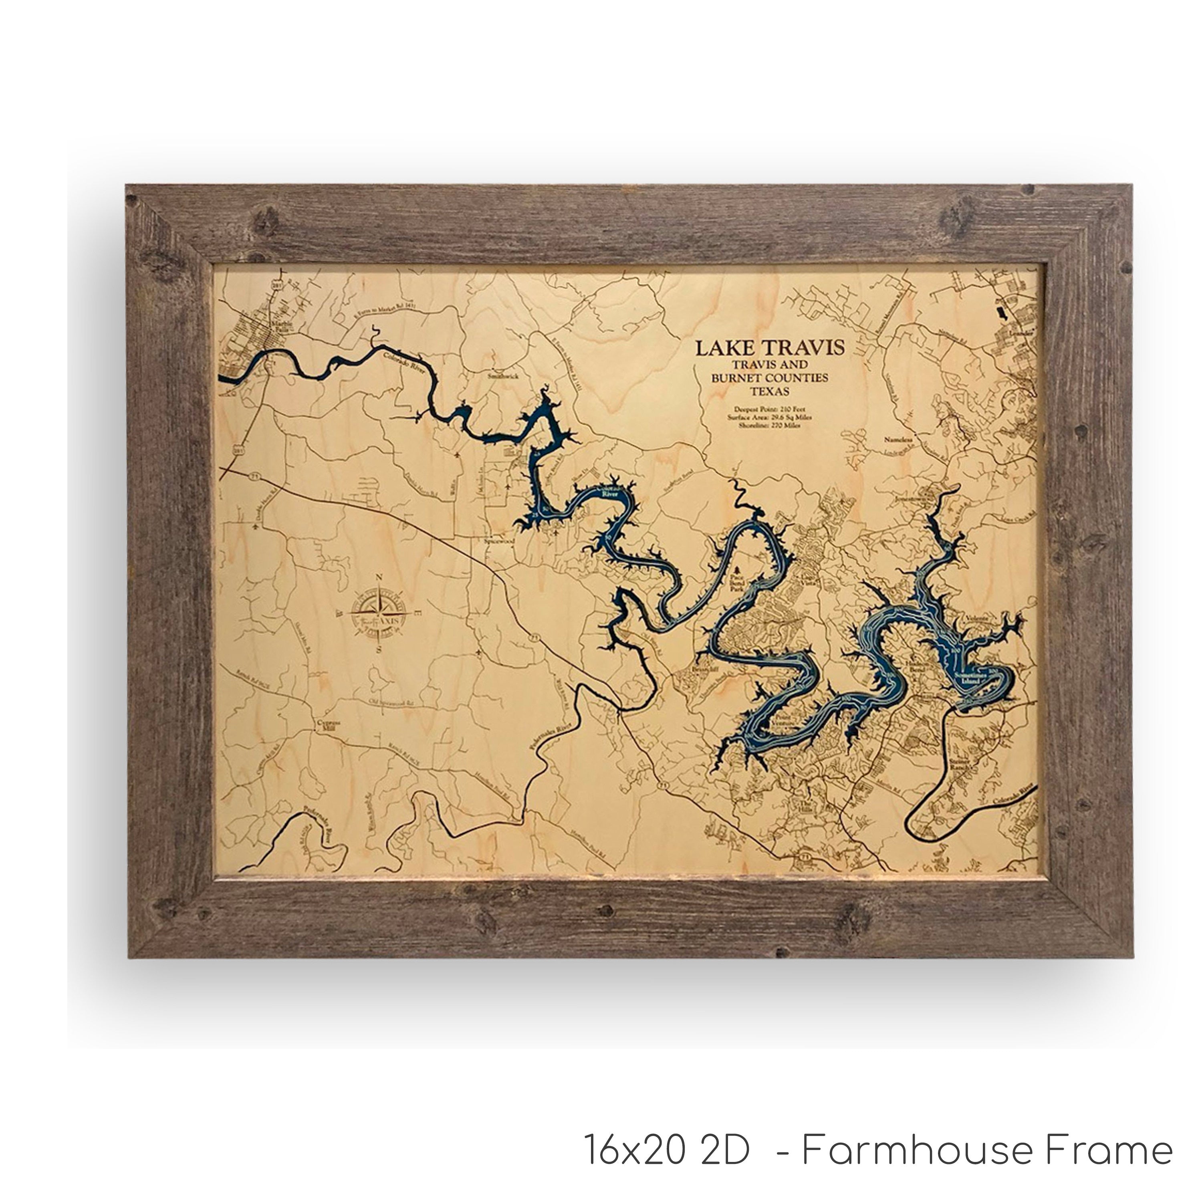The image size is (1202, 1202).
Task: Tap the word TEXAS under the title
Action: pos(770,391)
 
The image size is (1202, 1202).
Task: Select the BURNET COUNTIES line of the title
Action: pos(770,378)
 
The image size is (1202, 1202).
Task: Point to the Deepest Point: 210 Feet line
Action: pos(770,409)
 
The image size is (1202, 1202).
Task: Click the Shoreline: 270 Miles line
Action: pos(770,426)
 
